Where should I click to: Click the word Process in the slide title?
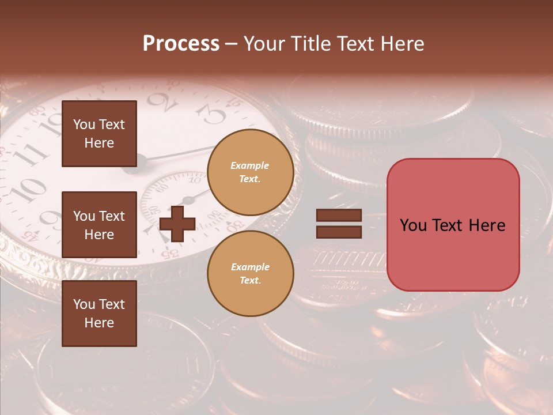[x=181, y=44]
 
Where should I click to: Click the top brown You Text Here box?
[x=99, y=134]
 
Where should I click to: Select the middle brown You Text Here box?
[x=99, y=225]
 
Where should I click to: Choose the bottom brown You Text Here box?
[x=99, y=314]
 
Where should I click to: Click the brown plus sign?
[x=177, y=224]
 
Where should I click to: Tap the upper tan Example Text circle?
[x=250, y=172]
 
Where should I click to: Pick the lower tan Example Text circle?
[x=250, y=274]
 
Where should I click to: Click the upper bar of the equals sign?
[x=339, y=215]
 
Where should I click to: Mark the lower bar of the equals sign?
[x=339, y=232]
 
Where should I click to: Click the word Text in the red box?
[x=453, y=225]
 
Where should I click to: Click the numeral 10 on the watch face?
[x=27, y=188]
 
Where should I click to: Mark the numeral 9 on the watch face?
[x=51, y=220]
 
